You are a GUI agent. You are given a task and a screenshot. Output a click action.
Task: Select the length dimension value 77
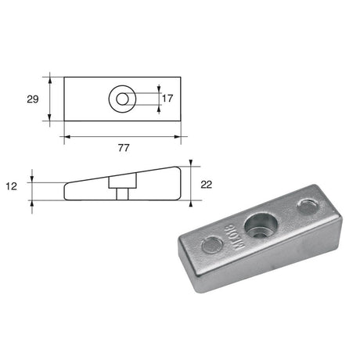(123, 147)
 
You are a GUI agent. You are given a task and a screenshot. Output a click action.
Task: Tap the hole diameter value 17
(167, 99)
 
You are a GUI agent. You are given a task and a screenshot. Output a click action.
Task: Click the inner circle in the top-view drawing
(121, 99)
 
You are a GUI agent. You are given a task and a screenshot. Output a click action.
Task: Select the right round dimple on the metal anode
(308, 206)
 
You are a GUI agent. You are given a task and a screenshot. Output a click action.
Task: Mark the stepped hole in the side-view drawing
(122, 189)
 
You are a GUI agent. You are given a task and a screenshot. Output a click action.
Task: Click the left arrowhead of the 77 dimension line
(67, 136)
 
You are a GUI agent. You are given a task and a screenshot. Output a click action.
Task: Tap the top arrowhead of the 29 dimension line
(51, 78)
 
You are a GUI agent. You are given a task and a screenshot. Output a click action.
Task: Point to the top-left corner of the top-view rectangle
(63, 76)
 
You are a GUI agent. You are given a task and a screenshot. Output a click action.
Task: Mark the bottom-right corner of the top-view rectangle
(180, 121)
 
